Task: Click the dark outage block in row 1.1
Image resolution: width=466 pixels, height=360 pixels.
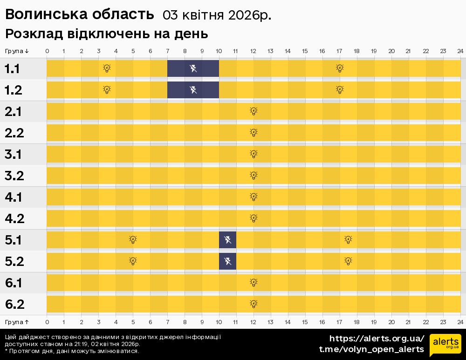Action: pyautogui.click(x=193, y=69)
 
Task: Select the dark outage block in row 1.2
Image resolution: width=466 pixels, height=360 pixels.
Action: pyautogui.click(x=193, y=90)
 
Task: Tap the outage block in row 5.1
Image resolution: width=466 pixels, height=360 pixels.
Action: pyautogui.click(x=227, y=240)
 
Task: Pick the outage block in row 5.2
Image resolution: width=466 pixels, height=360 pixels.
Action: pyautogui.click(x=227, y=261)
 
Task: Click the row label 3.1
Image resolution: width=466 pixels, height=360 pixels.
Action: pyautogui.click(x=14, y=154)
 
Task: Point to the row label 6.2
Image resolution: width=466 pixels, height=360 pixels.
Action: pyautogui.click(x=14, y=305)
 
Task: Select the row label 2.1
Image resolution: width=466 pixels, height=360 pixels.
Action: pyautogui.click(x=14, y=112)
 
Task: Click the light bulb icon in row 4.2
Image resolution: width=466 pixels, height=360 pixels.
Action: pyautogui.click(x=254, y=218)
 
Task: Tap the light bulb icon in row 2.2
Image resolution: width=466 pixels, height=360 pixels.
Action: pyautogui.click(x=254, y=133)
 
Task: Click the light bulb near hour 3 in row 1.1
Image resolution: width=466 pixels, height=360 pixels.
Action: pyautogui.click(x=107, y=68)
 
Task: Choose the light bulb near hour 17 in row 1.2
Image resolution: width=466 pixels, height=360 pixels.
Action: pyautogui.click(x=340, y=90)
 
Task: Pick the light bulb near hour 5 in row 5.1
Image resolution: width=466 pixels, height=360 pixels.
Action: pyautogui.click(x=133, y=240)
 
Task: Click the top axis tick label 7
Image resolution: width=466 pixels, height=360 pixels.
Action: pyautogui.click(x=167, y=51)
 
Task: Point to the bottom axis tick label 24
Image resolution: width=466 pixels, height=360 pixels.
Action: pyautogui.click(x=460, y=322)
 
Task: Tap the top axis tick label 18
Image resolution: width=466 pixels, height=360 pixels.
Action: pyautogui.click(x=356, y=51)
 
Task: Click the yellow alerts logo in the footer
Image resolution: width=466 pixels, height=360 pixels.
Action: pyautogui.click(x=445, y=345)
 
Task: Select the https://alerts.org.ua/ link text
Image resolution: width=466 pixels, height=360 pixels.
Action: pyautogui.click(x=377, y=339)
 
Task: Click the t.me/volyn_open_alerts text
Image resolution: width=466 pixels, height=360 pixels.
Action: pyautogui.click(x=371, y=349)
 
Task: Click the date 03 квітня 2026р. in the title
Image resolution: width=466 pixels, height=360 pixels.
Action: pyautogui.click(x=217, y=15)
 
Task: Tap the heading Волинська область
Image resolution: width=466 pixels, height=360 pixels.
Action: pyautogui.click(x=79, y=14)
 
